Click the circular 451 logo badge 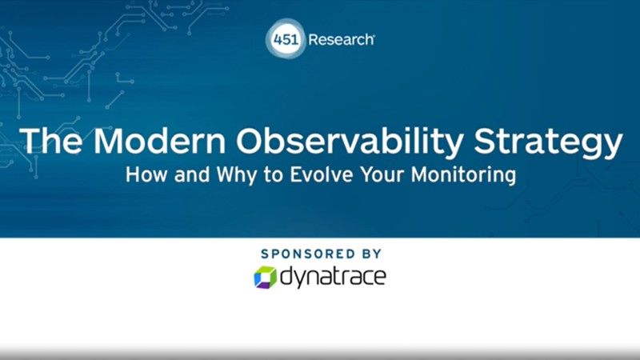point(286,38)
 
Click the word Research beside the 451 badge point(341,39)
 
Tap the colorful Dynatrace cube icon point(265,278)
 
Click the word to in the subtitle point(262,174)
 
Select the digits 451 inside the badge point(286,38)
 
